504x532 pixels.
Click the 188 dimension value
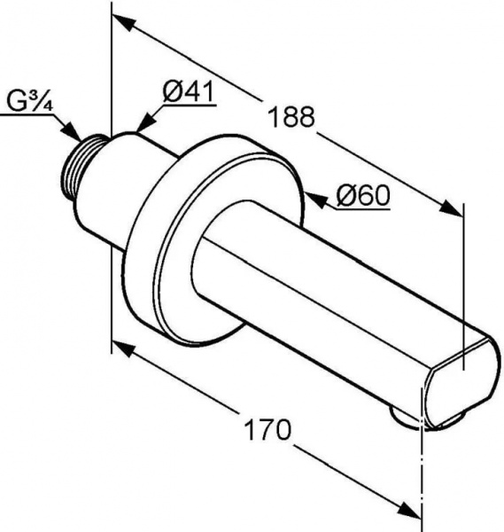[291, 117]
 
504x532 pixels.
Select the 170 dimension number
[268, 429]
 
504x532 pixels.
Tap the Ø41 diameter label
[189, 91]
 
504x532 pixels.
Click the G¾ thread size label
[30, 101]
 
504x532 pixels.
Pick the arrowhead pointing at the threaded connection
[73, 131]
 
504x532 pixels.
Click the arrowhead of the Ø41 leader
[145, 123]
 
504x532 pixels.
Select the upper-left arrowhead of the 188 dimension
[123, 21]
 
